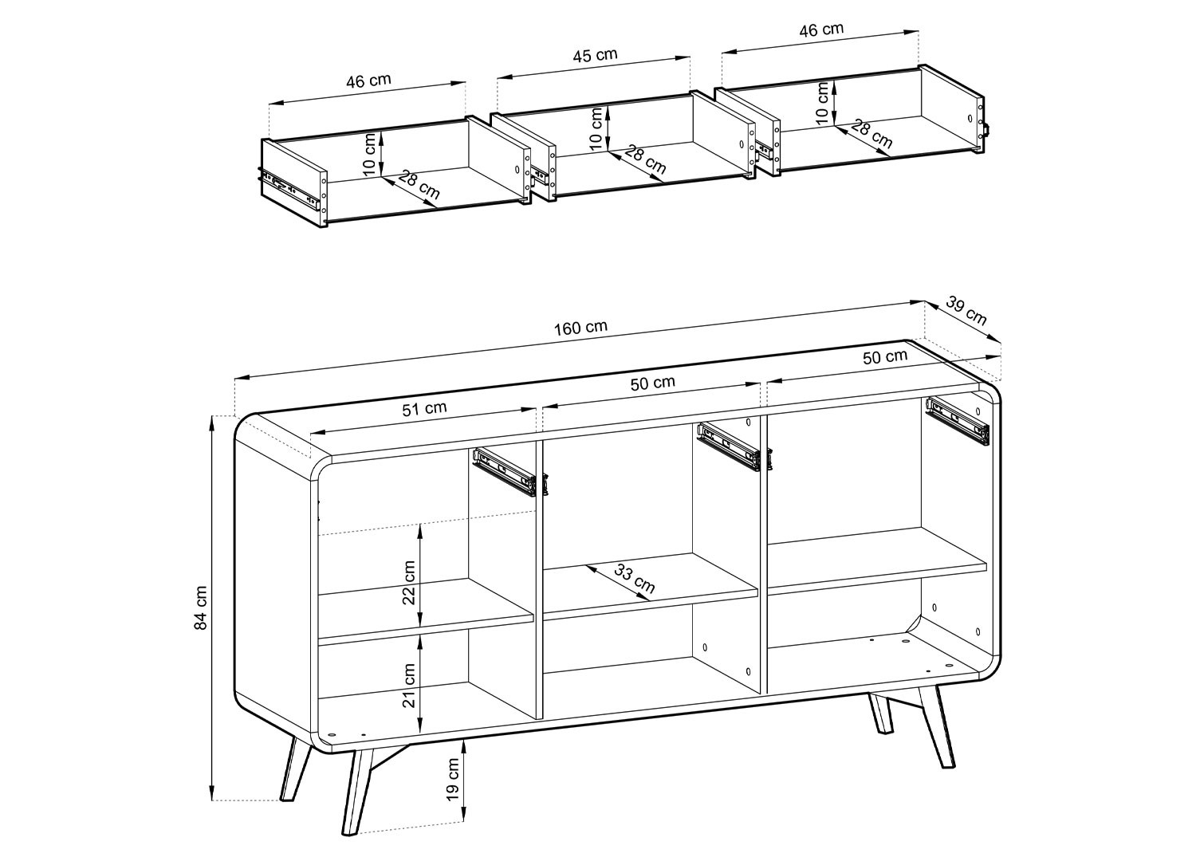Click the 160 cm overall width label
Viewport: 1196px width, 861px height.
(580, 327)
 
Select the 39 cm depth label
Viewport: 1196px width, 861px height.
(966, 310)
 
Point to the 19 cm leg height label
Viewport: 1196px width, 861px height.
(454, 786)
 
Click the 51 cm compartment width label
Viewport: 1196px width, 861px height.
(424, 409)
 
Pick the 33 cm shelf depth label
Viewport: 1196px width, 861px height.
(635, 579)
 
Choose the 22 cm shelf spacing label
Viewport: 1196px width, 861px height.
(409, 582)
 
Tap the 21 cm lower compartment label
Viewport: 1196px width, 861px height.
(409, 685)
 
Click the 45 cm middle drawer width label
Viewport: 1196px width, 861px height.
(595, 55)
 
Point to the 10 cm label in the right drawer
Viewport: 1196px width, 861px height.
(823, 103)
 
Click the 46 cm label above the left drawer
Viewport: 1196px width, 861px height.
(368, 81)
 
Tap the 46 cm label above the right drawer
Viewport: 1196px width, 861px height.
(821, 29)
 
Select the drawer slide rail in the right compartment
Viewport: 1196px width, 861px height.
(958, 420)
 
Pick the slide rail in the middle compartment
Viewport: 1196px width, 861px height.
(729, 447)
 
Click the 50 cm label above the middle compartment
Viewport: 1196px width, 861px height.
(652, 383)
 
